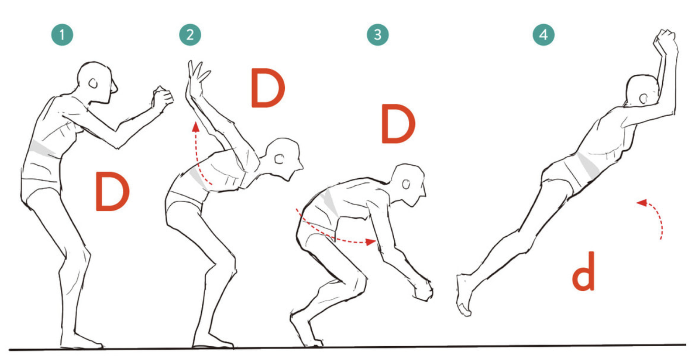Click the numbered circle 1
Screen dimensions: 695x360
[62, 35]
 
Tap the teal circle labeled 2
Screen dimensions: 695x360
[190, 35]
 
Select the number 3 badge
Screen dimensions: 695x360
[377, 35]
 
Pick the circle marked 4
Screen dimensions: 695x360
[544, 35]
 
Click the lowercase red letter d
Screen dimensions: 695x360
[583, 271]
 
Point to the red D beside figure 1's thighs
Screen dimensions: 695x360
[112, 192]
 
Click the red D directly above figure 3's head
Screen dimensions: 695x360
[398, 124]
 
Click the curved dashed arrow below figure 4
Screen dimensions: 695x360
[660, 217]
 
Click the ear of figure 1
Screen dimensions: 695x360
[93, 83]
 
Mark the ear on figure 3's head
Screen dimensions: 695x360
[406, 184]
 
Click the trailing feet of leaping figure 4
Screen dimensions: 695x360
[463, 295]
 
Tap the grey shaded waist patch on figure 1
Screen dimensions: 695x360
[44, 150]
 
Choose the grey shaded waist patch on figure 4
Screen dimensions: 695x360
[588, 166]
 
